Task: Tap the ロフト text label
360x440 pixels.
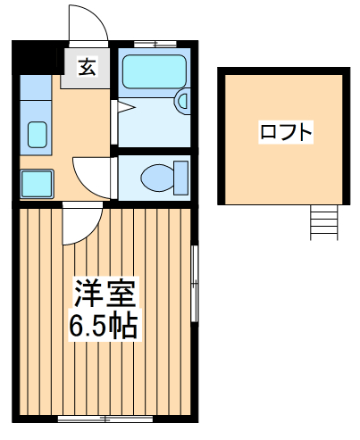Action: point(286,133)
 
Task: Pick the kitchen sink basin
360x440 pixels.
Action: point(38,134)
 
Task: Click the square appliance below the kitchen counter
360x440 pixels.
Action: point(37,183)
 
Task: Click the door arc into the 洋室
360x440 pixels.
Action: point(76,223)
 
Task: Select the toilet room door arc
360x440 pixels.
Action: point(93,174)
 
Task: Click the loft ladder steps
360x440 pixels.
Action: point(323,220)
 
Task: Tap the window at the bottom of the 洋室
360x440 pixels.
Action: point(104,418)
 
